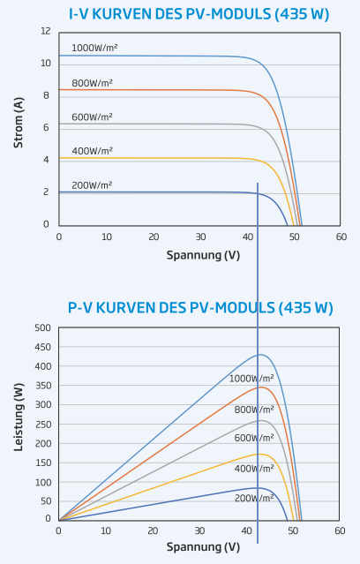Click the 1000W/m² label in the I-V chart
94,49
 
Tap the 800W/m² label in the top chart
92,83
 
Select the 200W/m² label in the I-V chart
92,185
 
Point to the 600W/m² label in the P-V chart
254,438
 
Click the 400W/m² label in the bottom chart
254,469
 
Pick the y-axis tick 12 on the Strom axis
46,31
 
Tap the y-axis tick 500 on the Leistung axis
43,327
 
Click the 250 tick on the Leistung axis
43,425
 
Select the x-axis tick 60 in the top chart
341,237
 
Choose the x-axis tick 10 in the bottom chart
106,531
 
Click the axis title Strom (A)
19,123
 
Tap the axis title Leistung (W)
19,417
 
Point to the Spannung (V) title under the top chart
203,255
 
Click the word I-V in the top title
79,14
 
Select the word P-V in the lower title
80,308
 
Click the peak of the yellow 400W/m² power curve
259,454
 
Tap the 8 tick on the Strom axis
46,95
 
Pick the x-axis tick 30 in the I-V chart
200,237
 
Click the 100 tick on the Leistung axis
43,482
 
